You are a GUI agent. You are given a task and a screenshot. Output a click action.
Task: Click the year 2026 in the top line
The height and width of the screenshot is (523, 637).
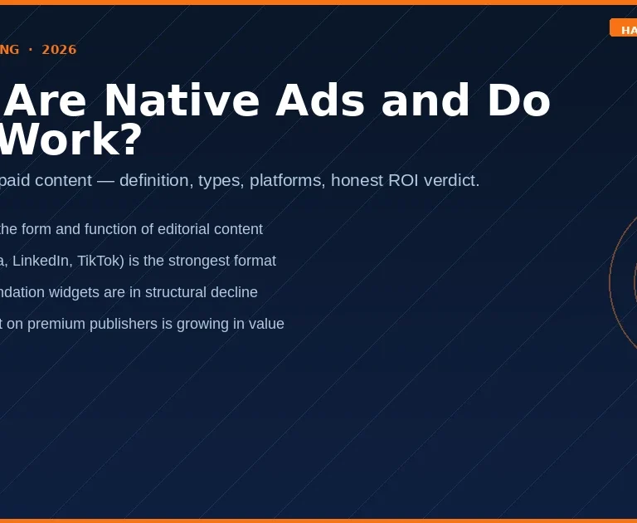tap(59, 50)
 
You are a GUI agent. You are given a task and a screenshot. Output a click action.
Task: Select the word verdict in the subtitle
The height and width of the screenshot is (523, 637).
tap(455, 180)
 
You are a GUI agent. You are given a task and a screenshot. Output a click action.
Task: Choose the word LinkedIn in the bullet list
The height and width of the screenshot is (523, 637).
tap(40, 261)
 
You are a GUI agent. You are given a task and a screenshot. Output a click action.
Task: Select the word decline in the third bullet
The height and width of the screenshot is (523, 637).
tap(235, 292)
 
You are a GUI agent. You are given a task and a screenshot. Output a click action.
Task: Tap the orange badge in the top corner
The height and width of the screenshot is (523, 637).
tap(624, 28)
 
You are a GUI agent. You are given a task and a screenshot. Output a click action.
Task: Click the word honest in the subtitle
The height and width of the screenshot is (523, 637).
tap(357, 180)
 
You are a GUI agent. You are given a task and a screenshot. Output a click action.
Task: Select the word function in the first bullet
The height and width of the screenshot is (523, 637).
tap(111, 229)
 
